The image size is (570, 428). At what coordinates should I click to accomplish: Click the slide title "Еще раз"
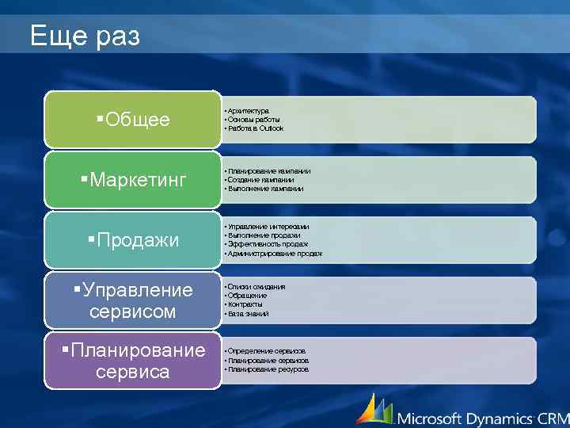(85, 36)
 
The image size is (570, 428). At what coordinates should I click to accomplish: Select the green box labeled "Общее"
(132, 120)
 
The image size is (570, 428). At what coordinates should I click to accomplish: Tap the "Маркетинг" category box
(132, 180)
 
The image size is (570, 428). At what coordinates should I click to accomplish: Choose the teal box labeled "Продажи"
(132, 240)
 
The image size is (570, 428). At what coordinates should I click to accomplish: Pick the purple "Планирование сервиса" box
(132, 361)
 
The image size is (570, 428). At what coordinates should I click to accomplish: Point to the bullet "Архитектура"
(248, 111)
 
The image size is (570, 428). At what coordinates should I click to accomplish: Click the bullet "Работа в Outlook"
(255, 128)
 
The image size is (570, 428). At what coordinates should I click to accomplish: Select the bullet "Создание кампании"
(260, 180)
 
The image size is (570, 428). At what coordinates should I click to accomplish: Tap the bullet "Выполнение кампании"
(264, 189)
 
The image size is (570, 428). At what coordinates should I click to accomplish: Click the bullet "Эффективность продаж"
(268, 244)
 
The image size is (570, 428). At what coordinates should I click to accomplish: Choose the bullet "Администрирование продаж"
(275, 254)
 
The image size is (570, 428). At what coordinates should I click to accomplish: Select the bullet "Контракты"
(245, 304)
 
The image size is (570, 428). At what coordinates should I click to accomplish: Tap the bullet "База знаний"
(248, 314)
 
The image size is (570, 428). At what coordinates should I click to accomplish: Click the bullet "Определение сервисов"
(266, 351)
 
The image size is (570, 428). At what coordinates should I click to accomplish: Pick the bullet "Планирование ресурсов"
(268, 369)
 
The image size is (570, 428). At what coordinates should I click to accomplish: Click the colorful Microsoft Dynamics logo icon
(374, 409)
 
